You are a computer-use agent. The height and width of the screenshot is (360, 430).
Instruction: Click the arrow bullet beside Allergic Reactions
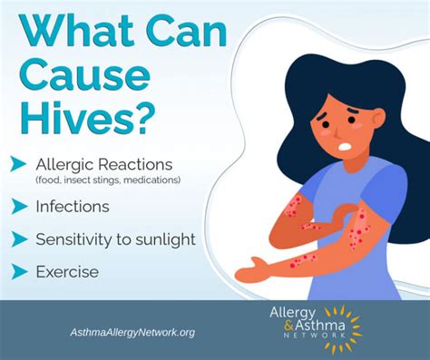point(18,164)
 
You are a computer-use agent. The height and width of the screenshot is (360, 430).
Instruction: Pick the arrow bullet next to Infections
point(18,207)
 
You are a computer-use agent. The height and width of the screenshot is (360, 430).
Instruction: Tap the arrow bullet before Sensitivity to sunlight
point(18,239)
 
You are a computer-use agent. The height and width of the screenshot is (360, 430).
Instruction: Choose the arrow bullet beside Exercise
point(18,271)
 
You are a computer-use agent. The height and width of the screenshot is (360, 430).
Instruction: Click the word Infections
point(73,207)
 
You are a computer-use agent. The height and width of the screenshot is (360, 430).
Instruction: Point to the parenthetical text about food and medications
point(108,180)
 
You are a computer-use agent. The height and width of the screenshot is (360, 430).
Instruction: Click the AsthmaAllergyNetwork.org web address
point(132,332)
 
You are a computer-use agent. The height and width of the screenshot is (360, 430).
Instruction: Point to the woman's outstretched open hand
point(249,268)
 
